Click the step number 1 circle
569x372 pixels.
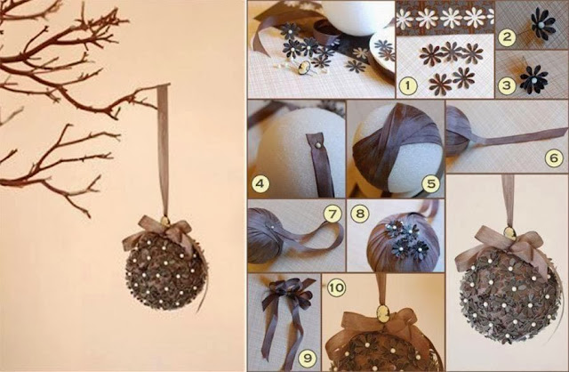click(408, 85)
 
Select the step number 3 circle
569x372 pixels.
click(507, 85)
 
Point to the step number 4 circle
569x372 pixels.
click(260, 183)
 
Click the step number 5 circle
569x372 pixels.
click(430, 183)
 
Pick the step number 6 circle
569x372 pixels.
click(554, 158)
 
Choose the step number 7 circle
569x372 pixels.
click(333, 214)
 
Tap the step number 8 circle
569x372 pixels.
click(360, 213)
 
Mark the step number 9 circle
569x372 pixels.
click(308, 358)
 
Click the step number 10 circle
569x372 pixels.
click(336, 287)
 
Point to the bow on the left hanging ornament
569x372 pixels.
click(160, 233)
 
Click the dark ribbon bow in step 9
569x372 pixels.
click(288, 295)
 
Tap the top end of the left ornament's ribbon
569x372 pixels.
click(164, 85)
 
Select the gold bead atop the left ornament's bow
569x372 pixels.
click(165, 222)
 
